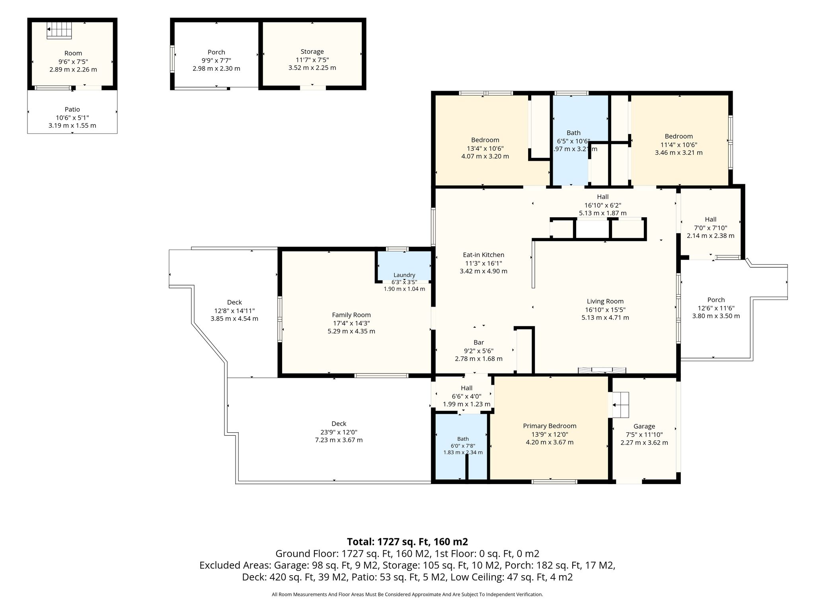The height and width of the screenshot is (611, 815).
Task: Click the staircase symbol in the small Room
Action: [x=59, y=30]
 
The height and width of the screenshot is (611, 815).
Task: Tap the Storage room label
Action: [x=312, y=52]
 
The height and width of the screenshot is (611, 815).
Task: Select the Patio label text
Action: [x=72, y=109]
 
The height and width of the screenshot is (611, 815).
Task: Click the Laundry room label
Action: [x=404, y=275]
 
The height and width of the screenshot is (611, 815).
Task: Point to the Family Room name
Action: [x=351, y=315]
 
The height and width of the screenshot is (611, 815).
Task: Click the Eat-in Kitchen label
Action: [x=484, y=255]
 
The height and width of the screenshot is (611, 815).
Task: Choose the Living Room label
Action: [x=605, y=302]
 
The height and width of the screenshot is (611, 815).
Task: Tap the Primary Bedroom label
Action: [x=550, y=426]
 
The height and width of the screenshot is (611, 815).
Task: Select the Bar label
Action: [x=479, y=342]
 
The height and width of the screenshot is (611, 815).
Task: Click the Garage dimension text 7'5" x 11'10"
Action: [x=644, y=435]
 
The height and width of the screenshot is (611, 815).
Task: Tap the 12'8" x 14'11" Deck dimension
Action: [x=234, y=311]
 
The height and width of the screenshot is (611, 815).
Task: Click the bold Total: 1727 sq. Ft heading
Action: [x=407, y=542]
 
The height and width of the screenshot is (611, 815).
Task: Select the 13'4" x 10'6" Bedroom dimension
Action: [x=485, y=148]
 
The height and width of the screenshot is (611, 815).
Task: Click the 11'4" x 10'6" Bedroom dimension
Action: [x=679, y=145]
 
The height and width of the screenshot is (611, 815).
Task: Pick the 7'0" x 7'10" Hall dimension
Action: [x=711, y=228]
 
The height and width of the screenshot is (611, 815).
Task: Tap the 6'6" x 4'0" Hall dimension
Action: [x=467, y=396]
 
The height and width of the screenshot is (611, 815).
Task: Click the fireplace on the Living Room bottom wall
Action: [x=602, y=370]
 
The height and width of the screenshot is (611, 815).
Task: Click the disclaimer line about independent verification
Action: [x=407, y=595]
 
